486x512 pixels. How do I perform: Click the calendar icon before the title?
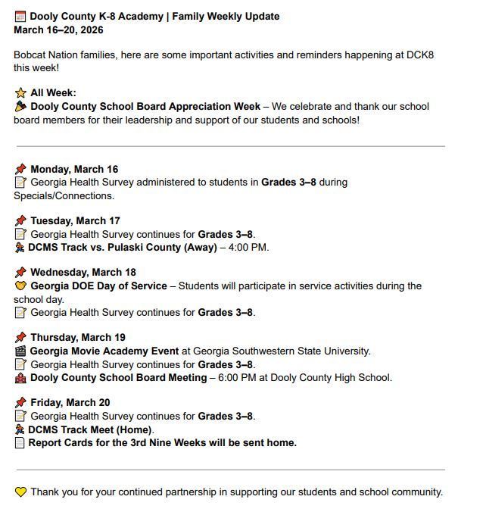pos(20,17)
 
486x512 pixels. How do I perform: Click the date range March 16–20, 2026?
pos(58,30)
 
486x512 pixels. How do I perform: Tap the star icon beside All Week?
pos(20,93)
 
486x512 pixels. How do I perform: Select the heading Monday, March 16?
pos(74,169)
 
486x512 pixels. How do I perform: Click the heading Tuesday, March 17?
pos(75,221)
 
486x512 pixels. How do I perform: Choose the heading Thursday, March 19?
pos(78,338)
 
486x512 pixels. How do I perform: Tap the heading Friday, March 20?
pos(70,403)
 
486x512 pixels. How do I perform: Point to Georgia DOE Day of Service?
pos(98,286)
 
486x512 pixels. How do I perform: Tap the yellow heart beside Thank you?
pos(20,492)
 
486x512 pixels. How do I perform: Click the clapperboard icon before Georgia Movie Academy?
pos(20,351)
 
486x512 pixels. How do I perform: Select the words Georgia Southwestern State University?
pos(282,351)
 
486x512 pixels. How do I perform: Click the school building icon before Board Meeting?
pos(20,378)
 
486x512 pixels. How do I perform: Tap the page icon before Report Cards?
pos(20,443)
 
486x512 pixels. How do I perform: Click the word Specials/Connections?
pos(63,196)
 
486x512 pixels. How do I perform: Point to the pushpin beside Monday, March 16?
pos(20,169)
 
